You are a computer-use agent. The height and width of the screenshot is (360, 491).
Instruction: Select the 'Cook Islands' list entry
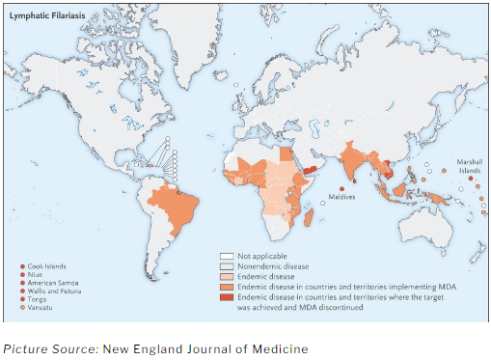click(x=44, y=264)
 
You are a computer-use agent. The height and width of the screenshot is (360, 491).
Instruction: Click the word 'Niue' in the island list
click(x=37, y=273)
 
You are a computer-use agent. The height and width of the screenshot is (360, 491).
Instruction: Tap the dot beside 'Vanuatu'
click(x=22, y=306)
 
